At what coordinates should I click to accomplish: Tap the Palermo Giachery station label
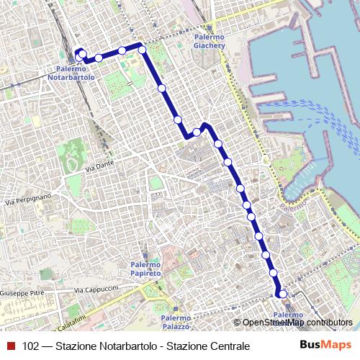tap(210, 42)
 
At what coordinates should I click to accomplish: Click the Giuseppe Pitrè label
tap(22, 294)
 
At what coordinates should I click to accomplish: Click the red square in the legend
tap(11, 346)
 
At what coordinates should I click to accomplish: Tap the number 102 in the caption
tap(31, 346)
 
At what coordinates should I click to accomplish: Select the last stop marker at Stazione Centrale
tap(282, 294)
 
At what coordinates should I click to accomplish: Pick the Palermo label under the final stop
tap(288, 315)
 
